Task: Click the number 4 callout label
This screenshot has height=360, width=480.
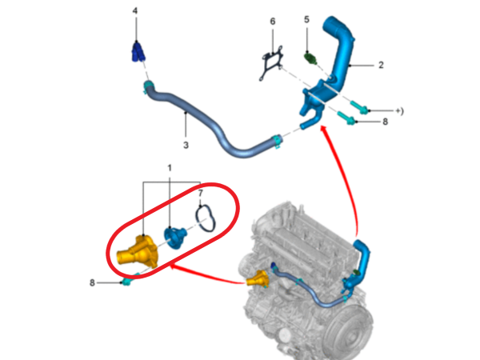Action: [x=135, y=11]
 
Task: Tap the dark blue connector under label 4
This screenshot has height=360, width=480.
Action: [x=138, y=51]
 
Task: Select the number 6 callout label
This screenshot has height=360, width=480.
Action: [x=273, y=22]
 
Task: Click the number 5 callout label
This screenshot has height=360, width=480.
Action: [x=306, y=19]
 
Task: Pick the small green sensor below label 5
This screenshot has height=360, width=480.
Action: [x=310, y=58]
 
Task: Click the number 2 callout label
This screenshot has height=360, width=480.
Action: [x=381, y=65]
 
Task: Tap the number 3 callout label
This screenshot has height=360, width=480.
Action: [x=186, y=145]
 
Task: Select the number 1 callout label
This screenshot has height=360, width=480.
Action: [x=170, y=168]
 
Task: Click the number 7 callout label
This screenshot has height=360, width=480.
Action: [x=201, y=193]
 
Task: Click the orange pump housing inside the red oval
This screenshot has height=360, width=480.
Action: [x=138, y=252]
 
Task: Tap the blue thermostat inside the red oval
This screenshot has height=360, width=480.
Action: [x=174, y=238]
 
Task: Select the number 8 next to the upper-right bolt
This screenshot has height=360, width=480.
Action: [x=385, y=122]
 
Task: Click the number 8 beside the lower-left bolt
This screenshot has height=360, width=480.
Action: [x=92, y=283]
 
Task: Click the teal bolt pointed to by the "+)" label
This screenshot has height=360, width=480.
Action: [x=359, y=107]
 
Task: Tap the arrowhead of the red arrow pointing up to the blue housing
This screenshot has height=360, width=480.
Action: [x=324, y=129]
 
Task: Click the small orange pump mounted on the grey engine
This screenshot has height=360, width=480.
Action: [x=258, y=278]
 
